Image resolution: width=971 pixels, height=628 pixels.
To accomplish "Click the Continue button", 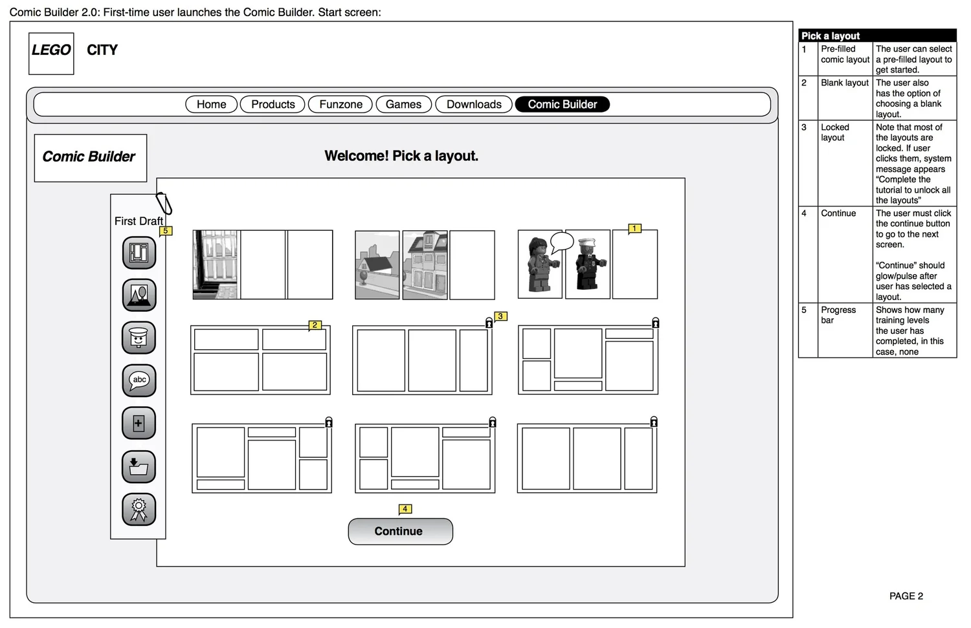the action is (x=400, y=531).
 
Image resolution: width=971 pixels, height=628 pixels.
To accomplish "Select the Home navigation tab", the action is (x=211, y=104).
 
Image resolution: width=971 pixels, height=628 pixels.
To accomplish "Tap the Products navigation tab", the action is (x=273, y=104).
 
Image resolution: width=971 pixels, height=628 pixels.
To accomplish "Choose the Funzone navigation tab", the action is (x=340, y=104).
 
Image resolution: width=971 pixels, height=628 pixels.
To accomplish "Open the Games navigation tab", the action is (x=403, y=104).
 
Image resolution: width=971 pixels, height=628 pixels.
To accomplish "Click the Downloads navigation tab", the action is (x=474, y=104).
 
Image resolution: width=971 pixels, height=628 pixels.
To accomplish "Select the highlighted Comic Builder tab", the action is (x=562, y=104).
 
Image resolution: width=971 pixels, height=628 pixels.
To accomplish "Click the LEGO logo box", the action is (x=51, y=53).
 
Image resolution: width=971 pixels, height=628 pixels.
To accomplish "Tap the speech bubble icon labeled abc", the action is (x=139, y=380).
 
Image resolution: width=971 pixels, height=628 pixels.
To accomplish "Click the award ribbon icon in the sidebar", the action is (x=139, y=509).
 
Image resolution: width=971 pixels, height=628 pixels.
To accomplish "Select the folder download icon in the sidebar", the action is (x=139, y=466).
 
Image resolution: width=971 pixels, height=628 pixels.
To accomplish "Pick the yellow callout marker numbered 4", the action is (x=405, y=509).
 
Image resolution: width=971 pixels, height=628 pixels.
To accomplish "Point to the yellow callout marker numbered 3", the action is (x=500, y=316).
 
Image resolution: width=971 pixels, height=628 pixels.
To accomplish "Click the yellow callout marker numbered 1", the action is (x=634, y=228).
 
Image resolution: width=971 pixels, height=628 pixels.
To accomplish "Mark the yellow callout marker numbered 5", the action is (x=166, y=231).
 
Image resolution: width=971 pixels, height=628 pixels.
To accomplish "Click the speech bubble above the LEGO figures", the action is (x=561, y=243).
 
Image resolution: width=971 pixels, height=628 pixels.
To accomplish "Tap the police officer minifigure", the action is (x=588, y=265).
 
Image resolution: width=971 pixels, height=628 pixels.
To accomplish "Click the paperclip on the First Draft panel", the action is (x=164, y=204).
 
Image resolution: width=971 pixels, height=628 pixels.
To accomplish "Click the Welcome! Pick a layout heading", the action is (x=401, y=156).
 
